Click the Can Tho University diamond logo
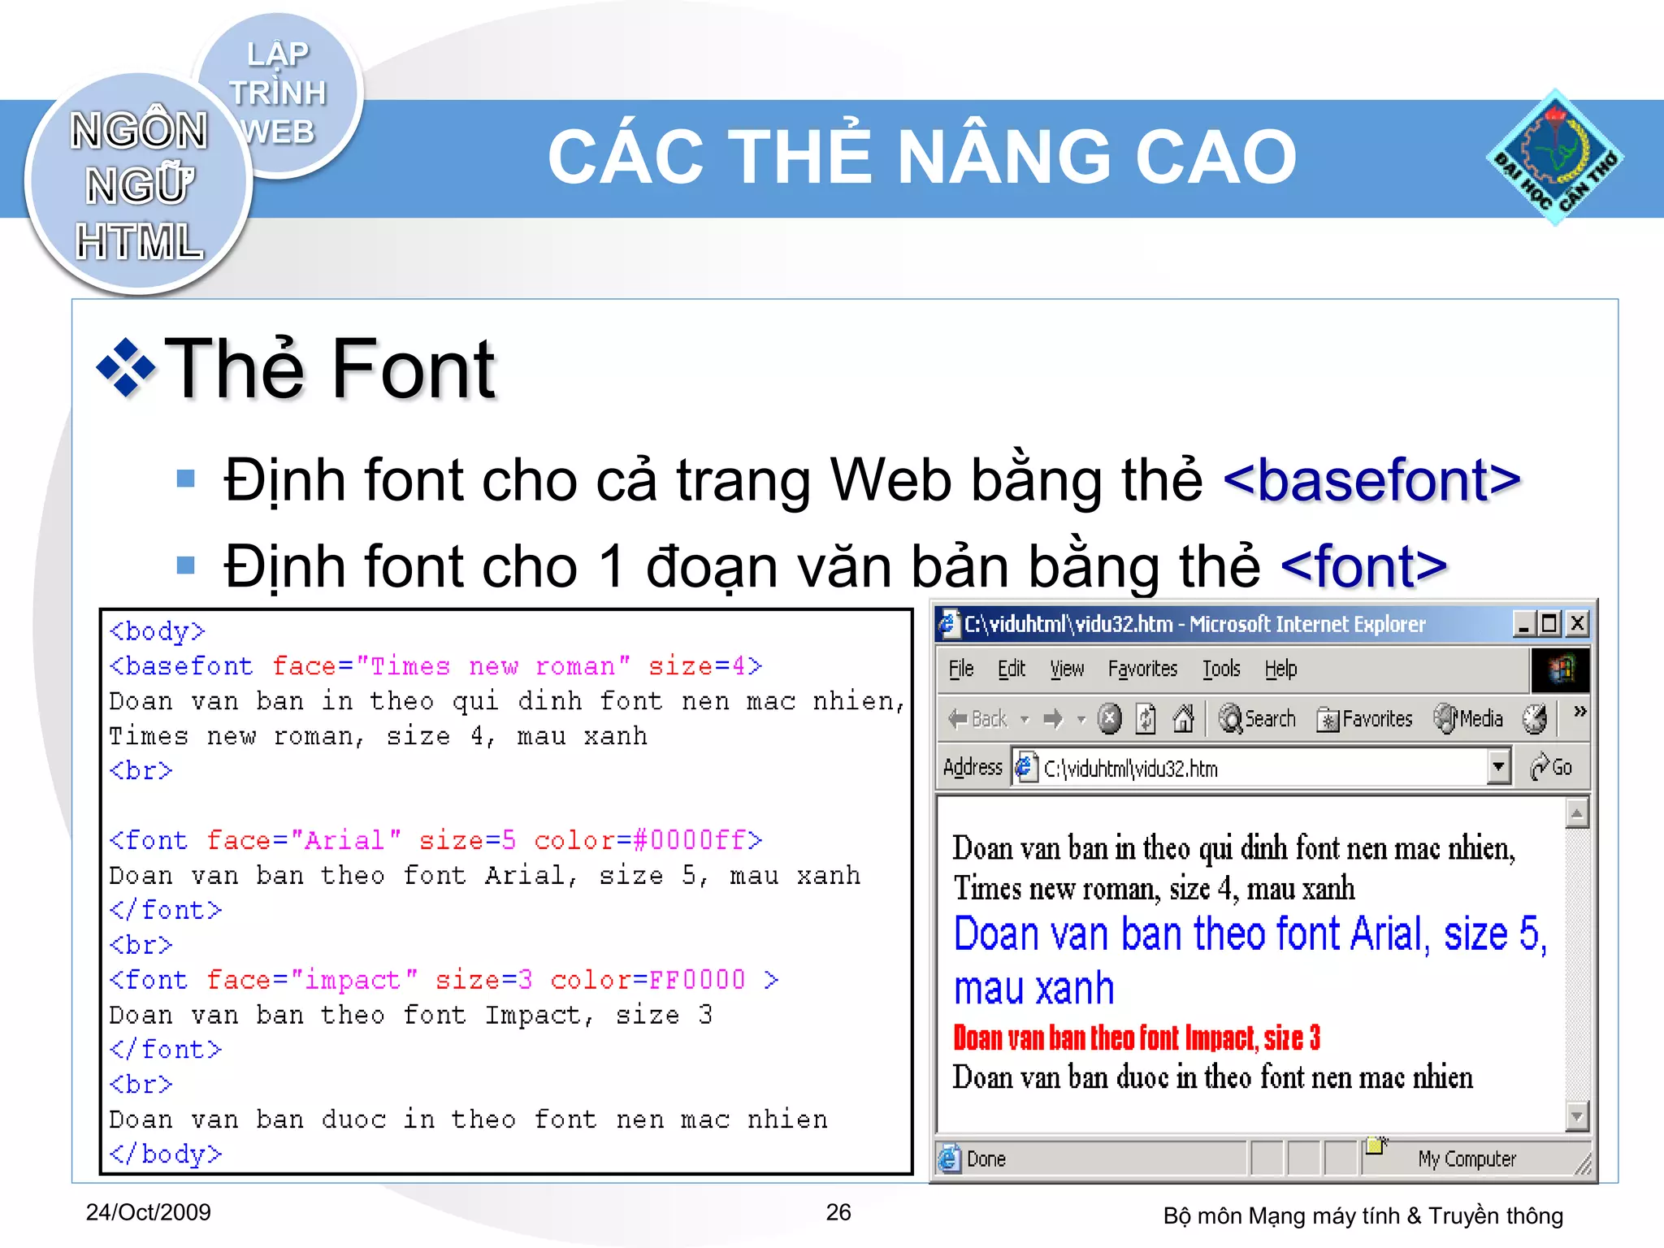click(x=1554, y=158)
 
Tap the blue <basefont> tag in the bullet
click(x=1371, y=480)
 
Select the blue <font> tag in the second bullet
click(x=1363, y=566)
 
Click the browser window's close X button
click(x=1577, y=623)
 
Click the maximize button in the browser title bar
click(x=1549, y=623)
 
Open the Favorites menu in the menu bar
click(x=1142, y=669)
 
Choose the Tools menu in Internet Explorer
click(x=1221, y=669)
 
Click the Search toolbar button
click(x=1257, y=719)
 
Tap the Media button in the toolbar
click(x=1469, y=719)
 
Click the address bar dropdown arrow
click(x=1497, y=767)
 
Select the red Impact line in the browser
click(x=1137, y=1038)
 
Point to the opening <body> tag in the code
click(x=158, y=631)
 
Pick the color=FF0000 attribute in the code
click(x=648, y=980)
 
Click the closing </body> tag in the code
click(x=166, y=1154)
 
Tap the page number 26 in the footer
click(x=838, y=1212)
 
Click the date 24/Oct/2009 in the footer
click(x=149, y=1212)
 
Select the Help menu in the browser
click(x=1280, y=669)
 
